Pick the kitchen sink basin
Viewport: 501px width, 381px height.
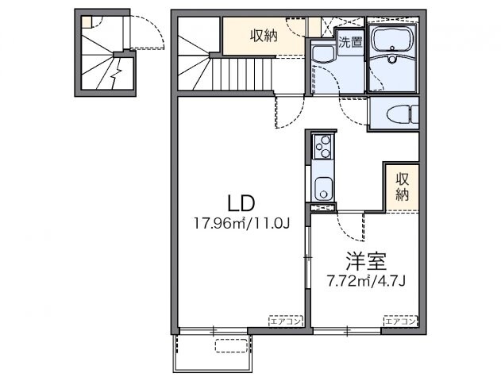tap(324, 190)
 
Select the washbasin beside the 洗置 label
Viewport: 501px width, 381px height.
tap(323, 55)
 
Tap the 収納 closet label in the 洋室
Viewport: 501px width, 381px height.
tap(403, 185)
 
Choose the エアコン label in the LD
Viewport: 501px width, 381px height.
tap(283, 321)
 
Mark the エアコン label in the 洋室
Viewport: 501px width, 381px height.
tap(399, 321)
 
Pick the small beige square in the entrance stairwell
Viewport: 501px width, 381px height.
tap(87, 23)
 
